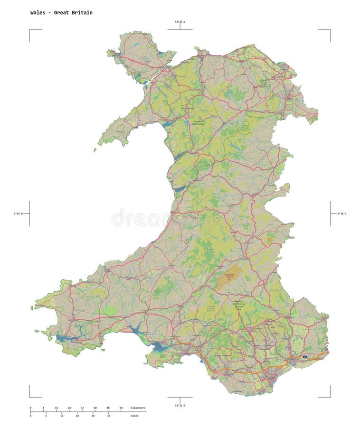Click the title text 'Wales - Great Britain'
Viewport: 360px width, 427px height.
61,13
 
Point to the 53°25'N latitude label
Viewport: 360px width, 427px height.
180,22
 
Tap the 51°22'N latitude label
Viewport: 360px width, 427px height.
180,405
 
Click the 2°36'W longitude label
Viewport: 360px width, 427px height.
342,214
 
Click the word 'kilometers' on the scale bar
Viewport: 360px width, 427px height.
138,408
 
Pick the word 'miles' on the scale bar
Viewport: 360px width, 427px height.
136,416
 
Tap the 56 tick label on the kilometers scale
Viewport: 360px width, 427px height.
121,408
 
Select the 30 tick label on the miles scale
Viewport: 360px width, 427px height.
109,416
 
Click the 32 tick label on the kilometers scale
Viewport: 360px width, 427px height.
82,408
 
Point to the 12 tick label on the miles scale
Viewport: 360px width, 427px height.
62,416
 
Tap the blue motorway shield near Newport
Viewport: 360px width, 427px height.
304,356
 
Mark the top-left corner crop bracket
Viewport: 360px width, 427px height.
30,30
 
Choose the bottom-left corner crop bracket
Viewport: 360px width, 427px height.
30,397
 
